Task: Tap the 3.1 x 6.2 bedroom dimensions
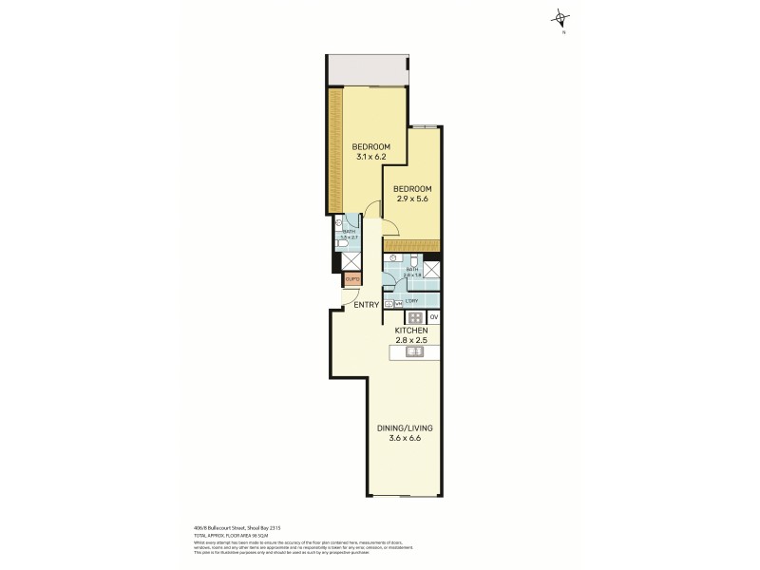(x=370, y=158)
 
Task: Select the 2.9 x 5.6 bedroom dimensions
(x=413, y=200)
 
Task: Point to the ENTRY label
(x=367, y=305)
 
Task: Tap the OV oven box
(x=433, y=316)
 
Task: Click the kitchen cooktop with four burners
(x=415, y=317)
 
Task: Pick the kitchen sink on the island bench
(x=415, y=352)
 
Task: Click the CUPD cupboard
(x=351, y=279)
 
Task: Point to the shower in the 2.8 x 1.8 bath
(x=431, y=269)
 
